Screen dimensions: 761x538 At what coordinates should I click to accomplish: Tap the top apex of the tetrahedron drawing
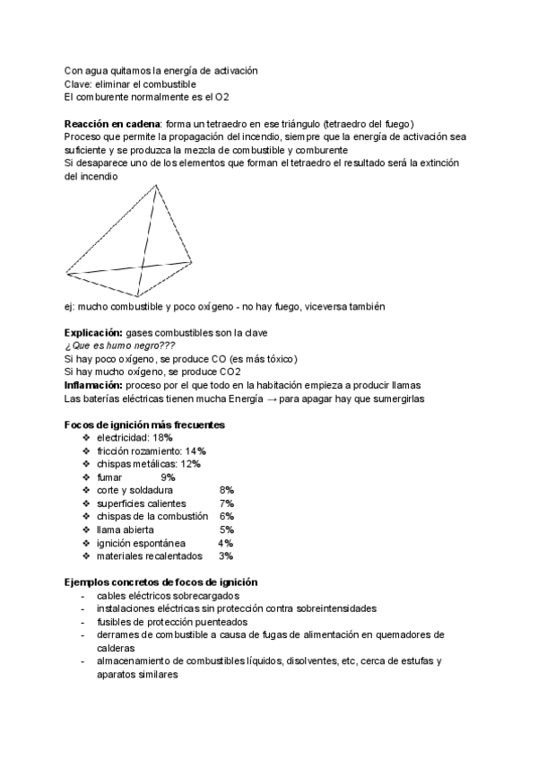point(157,186)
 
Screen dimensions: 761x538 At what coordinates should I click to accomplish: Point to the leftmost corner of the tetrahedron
point(65,272)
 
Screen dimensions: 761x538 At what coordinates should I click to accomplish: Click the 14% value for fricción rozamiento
point(195,450)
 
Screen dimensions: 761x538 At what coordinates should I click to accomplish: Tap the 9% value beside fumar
point(168,477)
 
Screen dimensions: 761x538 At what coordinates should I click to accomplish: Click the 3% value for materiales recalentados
point(226,556)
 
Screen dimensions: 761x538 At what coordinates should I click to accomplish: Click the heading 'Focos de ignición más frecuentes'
point(144,424)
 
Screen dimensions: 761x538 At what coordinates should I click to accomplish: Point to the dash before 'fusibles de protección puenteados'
point(83,621)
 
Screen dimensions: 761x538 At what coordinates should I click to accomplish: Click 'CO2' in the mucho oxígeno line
point(230,372)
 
